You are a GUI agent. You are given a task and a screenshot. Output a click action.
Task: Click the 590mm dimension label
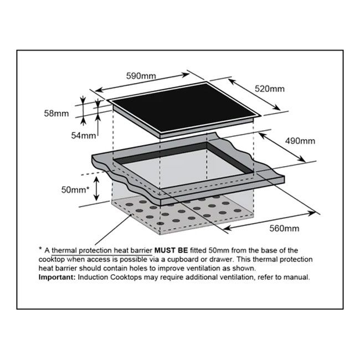(141, 75)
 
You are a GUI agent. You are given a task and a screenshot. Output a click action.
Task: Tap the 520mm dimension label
(270, 89)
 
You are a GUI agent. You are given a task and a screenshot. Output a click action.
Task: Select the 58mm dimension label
(58, 114)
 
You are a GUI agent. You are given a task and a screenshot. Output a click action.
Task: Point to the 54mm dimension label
(84, 136)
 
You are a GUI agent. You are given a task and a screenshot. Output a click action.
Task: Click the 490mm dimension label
(300, 141)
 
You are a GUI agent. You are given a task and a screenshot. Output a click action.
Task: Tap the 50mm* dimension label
(75, 189)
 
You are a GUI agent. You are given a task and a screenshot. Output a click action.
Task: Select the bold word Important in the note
(57, 276)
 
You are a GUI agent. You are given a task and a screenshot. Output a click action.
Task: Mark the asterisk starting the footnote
(41, 250)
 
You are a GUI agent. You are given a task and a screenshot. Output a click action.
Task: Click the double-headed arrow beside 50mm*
(97, 188)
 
